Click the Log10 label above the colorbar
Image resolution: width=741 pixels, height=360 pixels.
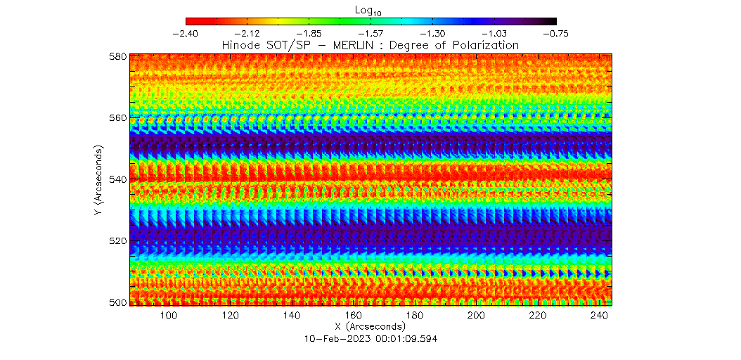370,9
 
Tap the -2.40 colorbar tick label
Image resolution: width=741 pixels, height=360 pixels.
186,33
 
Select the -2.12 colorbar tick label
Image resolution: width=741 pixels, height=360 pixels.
247,33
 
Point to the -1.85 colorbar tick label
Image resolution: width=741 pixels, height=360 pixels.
309,33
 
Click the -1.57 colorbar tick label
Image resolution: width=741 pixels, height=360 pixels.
371,33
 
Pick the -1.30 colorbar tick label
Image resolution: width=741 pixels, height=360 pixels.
433,33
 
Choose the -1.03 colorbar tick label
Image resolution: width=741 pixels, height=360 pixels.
495,33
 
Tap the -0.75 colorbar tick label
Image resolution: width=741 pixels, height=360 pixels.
556,33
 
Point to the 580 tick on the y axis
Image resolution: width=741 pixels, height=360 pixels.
117,56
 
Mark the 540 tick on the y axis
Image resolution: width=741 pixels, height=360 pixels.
117,179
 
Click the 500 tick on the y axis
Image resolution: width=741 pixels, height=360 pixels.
117,302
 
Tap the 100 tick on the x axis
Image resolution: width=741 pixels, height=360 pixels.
169,316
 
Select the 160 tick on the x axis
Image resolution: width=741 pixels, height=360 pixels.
354,316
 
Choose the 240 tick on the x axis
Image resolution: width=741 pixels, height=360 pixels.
600,316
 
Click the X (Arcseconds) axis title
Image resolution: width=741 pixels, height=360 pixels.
370,327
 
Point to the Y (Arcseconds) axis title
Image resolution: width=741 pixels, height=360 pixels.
98,179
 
